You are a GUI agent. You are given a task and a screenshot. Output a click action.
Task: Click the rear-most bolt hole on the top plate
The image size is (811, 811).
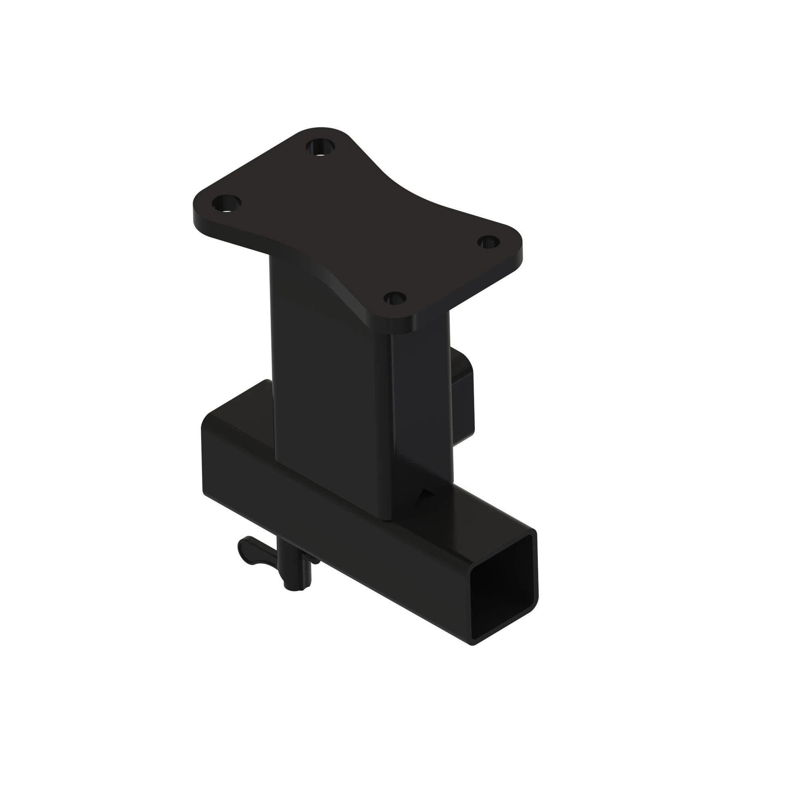pos(320,147)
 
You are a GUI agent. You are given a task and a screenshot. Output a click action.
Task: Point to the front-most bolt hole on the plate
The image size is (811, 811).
pos(395,299)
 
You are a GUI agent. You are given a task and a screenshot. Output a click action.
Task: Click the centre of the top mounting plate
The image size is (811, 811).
pos(357,227)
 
